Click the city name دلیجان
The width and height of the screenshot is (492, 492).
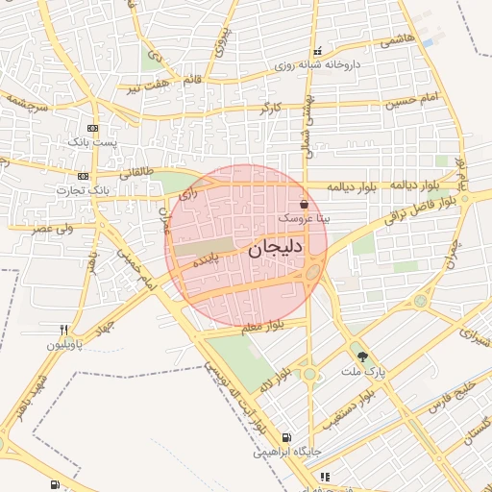click(276, 249)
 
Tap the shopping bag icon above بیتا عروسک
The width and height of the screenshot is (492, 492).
click(305, 204)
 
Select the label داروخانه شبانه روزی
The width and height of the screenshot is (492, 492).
click(316, 65)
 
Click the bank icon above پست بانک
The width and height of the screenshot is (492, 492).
click(92, 128)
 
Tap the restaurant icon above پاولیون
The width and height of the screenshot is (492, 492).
click(63, 329)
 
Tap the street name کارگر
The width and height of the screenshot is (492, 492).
click(277, 108)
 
